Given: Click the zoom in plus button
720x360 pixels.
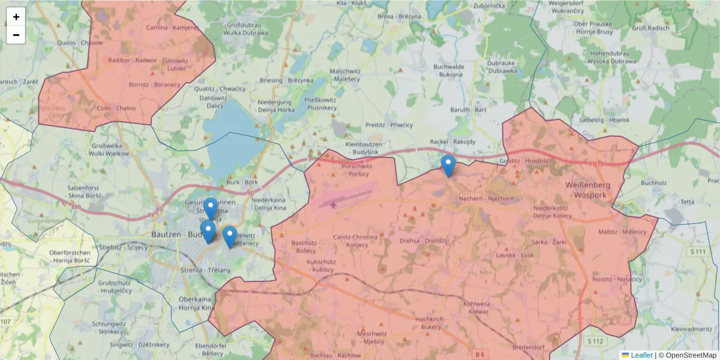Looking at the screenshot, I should point(16,17).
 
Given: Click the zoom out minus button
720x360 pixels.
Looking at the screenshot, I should point(16,35).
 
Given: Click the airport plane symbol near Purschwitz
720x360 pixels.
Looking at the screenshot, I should point(334,205).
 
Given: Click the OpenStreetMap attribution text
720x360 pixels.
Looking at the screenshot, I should point(688,355).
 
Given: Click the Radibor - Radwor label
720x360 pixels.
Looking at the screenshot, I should point(133,61).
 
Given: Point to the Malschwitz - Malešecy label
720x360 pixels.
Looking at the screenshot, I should point(345,75).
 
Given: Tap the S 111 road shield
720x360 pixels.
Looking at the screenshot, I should point(698,251).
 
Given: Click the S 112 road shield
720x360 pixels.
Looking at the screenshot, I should point(595,341).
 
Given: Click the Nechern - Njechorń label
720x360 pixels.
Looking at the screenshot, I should point(486,199).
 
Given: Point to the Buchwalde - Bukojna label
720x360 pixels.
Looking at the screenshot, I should point(448,71).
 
